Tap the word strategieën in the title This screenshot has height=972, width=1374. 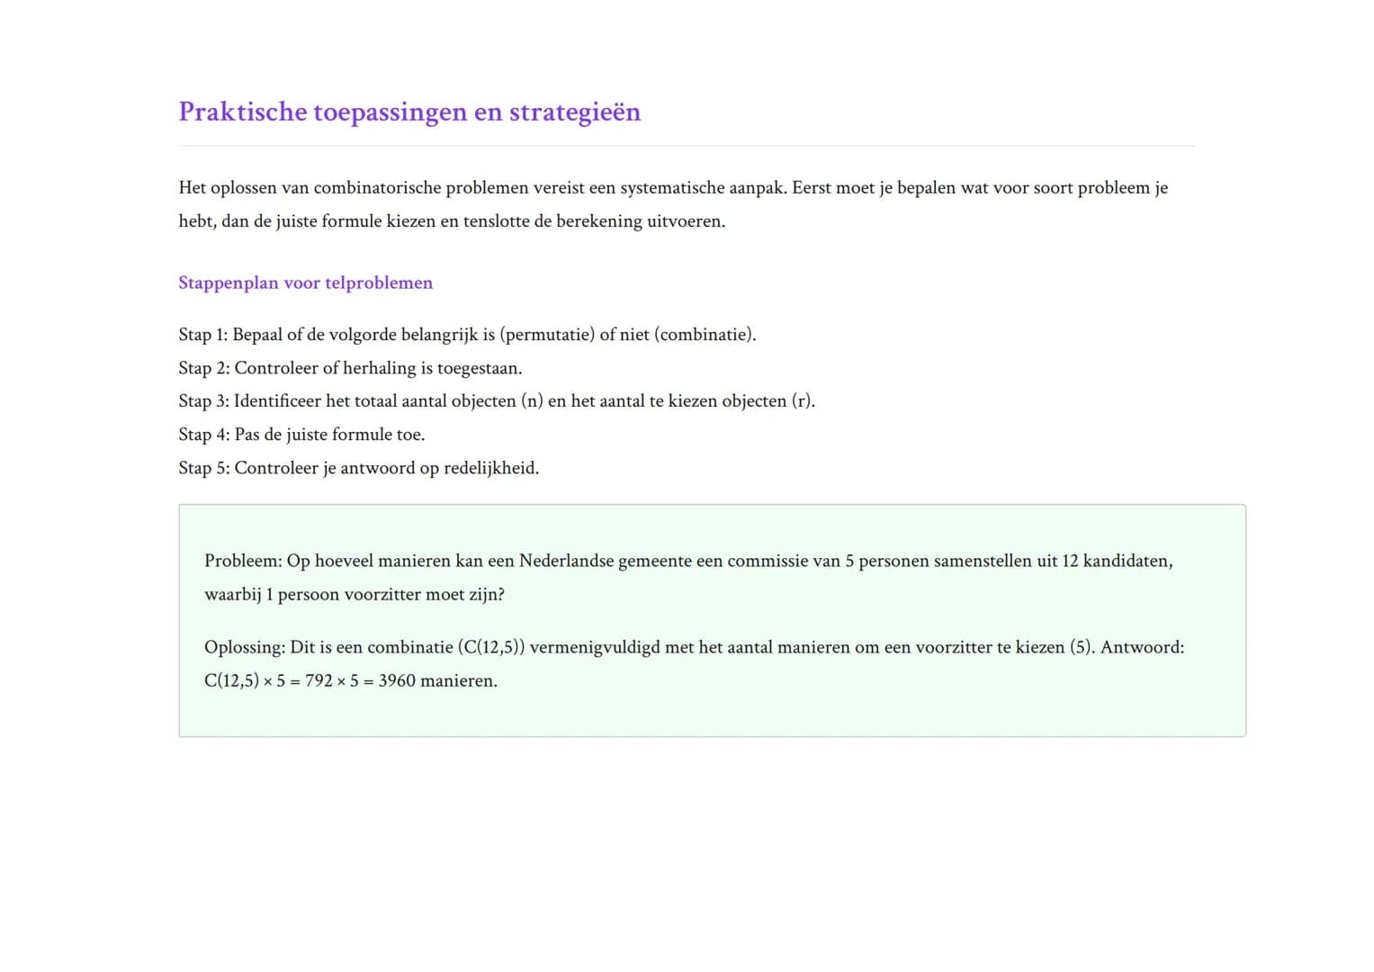pos(575,112)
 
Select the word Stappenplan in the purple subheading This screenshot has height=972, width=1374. pos(229,283)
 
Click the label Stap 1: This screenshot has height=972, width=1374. pos(202,335)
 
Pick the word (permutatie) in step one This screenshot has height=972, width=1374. pos(547,335)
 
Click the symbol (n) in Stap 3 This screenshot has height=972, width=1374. pos(532,401)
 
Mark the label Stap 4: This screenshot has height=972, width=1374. pos(203,435)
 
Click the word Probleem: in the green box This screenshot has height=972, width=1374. pos(243,561)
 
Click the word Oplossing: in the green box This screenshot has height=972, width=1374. pos(245,647)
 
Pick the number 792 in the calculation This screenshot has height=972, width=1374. pos(319,680)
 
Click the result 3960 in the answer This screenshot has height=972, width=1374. pos(397,680)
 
